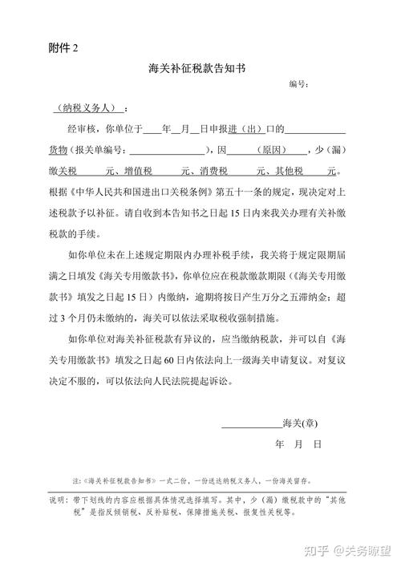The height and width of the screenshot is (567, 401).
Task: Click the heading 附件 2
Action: [x=63, y=48]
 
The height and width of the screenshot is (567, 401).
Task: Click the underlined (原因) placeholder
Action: [x=268, y=150]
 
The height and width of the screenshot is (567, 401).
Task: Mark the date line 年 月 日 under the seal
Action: [x=298, y=443]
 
